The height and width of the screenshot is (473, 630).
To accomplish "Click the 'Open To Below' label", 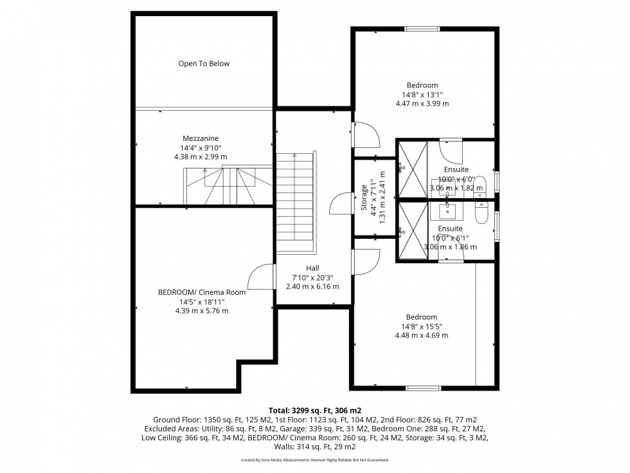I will (x=204, y=64).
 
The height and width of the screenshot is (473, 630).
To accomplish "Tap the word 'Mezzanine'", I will (x=201, y=138).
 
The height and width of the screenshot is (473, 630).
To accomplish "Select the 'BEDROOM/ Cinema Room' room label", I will (x=202, y=292).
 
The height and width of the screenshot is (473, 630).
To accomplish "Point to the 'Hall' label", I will (x=312, y=268).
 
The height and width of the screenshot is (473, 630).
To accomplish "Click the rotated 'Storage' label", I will (x=364, y=198).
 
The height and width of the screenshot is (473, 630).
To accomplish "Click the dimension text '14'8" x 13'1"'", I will (x=422, y=94).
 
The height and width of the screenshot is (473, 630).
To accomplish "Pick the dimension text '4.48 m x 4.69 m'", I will (x=421, y=335).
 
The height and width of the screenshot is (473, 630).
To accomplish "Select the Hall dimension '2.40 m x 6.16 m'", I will (x=312, y=286).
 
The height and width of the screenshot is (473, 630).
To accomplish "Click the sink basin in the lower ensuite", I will (x=447, y=210).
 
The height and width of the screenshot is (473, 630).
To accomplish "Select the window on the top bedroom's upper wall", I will (x=422, y=28).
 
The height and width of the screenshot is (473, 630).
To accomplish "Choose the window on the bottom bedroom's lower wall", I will (x=423, y=388).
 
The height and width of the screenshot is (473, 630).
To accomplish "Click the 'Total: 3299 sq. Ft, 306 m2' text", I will (x=315, y=410).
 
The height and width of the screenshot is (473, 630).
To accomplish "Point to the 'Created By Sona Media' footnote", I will (x=315, y=460).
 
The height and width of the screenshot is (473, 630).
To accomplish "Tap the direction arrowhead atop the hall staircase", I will (x=294, y=155).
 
